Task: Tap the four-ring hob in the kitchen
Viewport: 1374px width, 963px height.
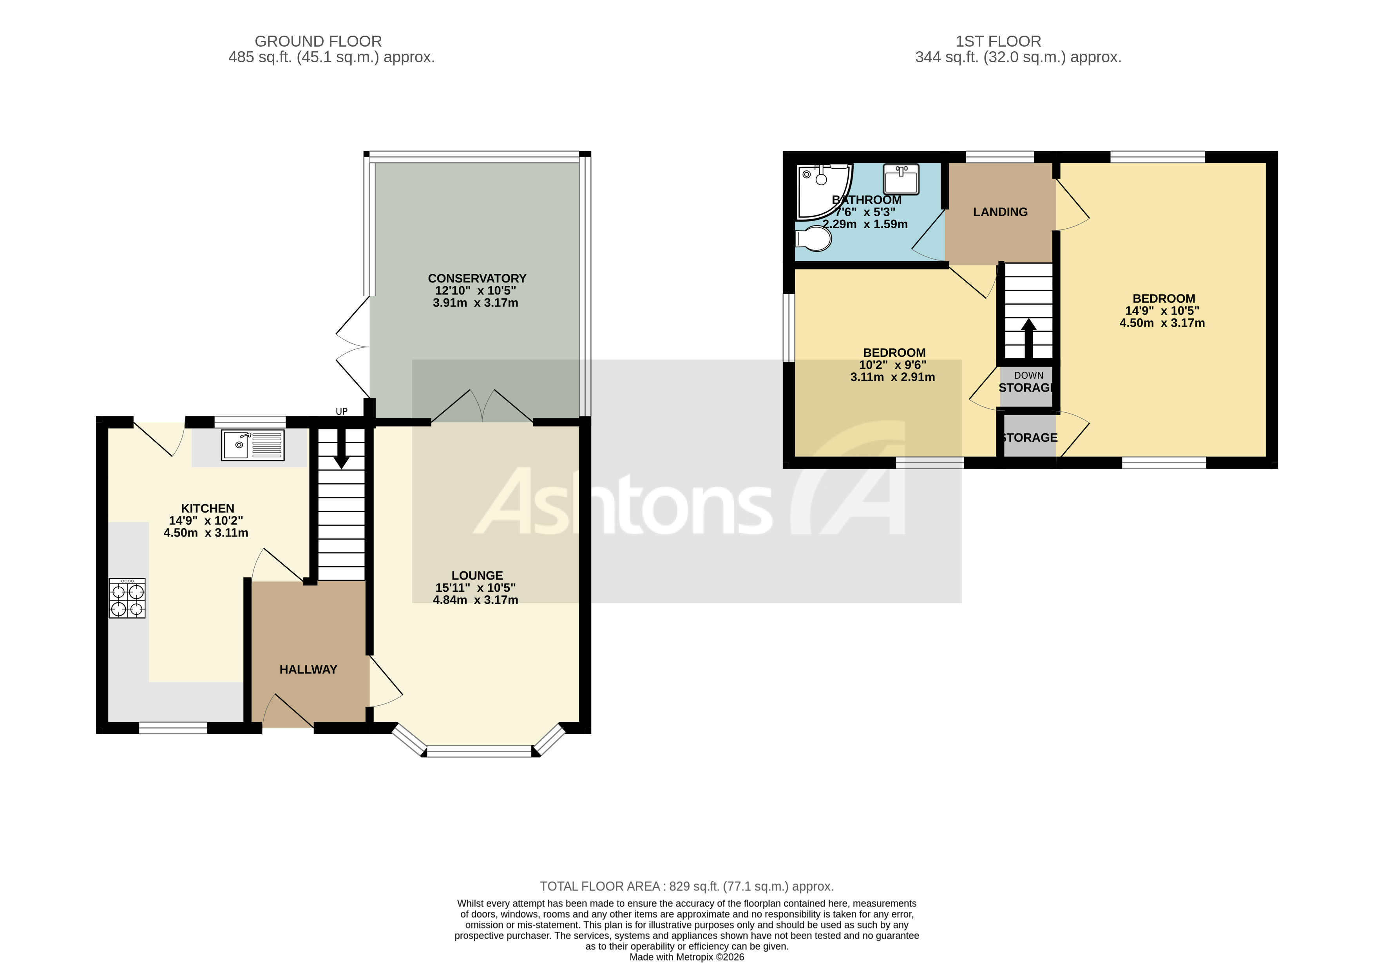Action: tap(127, 598)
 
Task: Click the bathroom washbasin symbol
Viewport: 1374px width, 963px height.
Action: tap(901, 179)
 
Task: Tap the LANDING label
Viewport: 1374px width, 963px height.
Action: tap(1000, 212)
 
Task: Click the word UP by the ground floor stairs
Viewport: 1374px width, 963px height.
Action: tap(342, 412)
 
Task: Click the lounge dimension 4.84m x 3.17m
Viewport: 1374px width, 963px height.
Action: tap(476, 600)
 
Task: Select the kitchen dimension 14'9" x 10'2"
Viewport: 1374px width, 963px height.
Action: tap(206, 520)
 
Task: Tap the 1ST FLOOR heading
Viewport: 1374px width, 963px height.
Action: tap(998, 41)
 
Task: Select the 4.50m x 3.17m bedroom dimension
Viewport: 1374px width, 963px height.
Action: tap(1162, 323)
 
